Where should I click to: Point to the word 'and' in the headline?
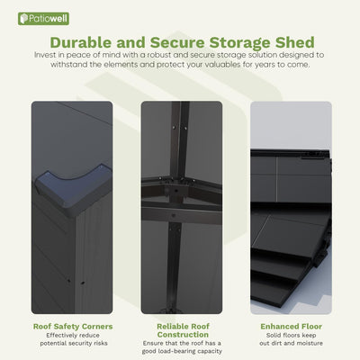141,42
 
